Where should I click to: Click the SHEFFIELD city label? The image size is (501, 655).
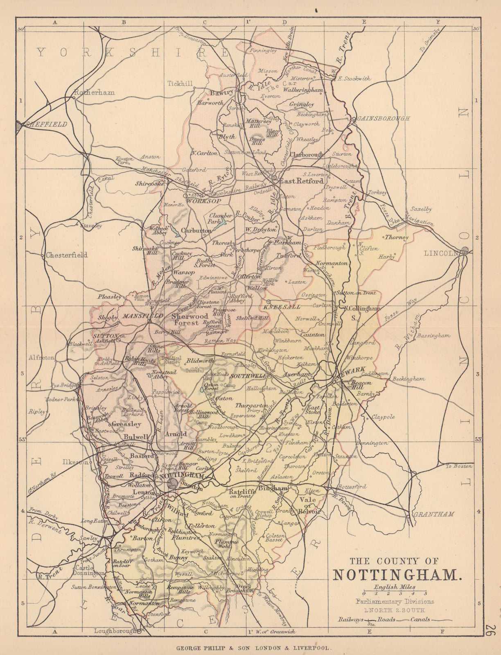46,124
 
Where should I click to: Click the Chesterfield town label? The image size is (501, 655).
67,255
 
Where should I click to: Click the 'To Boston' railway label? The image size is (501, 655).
459,466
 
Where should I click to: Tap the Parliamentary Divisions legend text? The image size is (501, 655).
395,601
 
